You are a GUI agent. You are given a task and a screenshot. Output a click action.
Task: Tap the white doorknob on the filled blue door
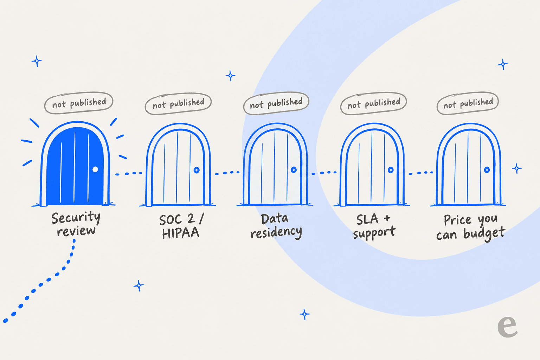click(x=95, y=169)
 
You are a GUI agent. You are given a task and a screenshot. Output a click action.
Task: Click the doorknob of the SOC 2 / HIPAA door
click(x=197, y=170)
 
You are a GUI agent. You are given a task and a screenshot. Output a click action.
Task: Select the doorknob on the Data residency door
click(x=294, y=170)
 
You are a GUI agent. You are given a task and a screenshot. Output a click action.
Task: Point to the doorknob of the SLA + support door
click(x=391, y=170)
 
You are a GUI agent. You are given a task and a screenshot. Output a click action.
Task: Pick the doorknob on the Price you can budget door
click(x=487, y=170)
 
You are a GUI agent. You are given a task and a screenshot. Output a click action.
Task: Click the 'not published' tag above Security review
click(x=79, y=103)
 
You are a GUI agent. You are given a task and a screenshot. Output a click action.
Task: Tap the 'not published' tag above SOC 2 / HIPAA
click(x=178, y=103)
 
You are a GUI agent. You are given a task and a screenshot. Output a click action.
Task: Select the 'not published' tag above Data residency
click(x=276, y=103)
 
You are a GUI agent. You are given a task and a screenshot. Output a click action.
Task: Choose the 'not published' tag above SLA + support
click(x=373, y=103)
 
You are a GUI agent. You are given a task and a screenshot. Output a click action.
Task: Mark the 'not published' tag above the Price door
click(x=468, y=103)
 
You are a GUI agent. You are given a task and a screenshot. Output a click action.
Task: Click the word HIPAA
click(x=181, y=233)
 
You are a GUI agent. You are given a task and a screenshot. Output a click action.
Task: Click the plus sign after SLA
click(x=387, y=218)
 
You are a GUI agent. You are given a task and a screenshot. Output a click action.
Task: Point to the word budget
click(x=484, y=234)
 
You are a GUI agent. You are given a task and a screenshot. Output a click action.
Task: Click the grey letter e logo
click(x=507, y=327)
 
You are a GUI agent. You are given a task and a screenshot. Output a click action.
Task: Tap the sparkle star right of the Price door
click(x=516, y=168)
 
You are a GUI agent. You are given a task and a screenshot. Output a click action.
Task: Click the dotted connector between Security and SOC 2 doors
click(x=128, y=173)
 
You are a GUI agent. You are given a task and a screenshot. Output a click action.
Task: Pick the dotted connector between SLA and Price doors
click(x=421, y=173)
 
